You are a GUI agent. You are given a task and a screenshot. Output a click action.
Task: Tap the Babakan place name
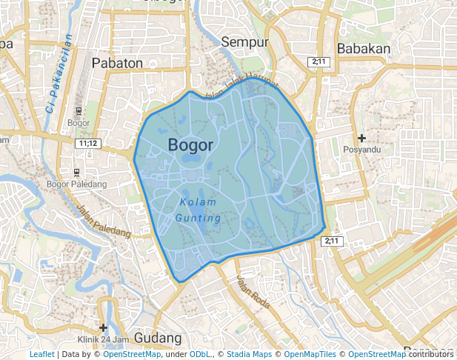[363, 49]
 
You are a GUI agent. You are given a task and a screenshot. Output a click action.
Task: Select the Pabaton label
[117, 63]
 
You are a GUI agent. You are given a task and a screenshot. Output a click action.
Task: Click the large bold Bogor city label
[190, 144]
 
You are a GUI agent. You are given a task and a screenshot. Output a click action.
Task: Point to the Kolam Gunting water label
[198, 210]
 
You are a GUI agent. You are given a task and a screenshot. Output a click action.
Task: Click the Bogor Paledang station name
[76, 184]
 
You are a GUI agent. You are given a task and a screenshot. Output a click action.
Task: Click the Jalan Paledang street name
[104, 221]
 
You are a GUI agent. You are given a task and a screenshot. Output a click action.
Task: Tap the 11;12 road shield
[87, 143]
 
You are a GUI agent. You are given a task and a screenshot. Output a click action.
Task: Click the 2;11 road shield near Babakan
[318, 62]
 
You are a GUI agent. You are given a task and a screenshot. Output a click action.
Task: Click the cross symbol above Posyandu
[361, 138]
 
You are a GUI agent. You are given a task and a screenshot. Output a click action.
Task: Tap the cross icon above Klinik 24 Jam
[103, 327]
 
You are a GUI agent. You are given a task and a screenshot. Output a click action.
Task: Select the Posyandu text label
[361, 150]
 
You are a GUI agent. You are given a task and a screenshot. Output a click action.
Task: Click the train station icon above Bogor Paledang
[76, 172]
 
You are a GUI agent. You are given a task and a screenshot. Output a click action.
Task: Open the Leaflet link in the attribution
[41, 354]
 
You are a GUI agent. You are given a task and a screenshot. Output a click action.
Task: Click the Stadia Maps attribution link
[249, 354]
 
